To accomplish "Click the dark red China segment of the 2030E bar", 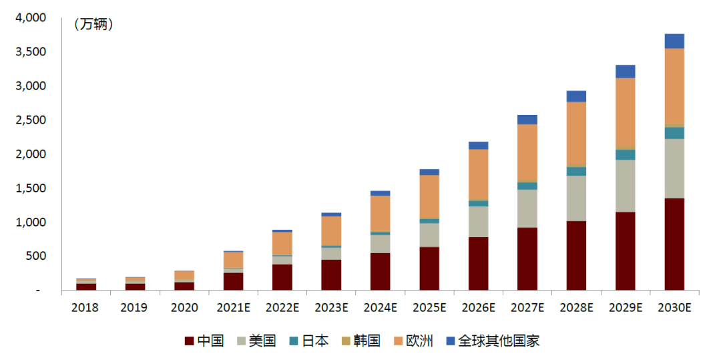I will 674,244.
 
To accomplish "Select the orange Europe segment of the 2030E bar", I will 674,85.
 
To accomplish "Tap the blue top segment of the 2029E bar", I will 625,71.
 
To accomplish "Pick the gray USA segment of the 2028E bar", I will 576,198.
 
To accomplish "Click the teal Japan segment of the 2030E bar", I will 674,133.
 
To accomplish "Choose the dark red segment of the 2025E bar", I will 429,268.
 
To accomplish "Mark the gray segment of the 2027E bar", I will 527,208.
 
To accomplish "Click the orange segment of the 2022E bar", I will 282,243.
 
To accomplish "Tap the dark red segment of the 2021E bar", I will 233,281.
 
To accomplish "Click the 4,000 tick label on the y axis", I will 27,18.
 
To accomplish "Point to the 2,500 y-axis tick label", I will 27,120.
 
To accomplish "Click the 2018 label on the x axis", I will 85,308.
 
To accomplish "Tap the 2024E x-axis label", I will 380,308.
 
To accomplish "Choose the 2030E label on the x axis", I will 674,308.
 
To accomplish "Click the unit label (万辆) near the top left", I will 93,25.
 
